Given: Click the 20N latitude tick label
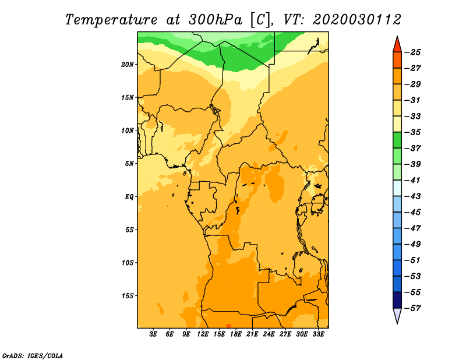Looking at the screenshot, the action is point(128,65).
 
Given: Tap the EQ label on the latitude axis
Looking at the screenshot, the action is point(129,197).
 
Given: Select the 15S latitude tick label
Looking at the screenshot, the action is point(128,296).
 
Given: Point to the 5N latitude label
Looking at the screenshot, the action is point(129,164).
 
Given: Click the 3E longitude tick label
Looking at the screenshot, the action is point(153,334).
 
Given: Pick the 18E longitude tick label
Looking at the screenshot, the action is point(236,334).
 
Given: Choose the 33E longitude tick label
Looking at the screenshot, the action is point(318,334).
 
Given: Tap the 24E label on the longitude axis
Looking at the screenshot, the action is point(269,334).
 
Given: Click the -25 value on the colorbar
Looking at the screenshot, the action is point(413,52).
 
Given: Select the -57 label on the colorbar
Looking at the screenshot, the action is point(413,308).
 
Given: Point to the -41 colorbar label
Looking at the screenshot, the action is point(413,180).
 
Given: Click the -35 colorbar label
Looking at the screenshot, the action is point(413,132).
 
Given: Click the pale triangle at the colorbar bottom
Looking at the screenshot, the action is point(397,315).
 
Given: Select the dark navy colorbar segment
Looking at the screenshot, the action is point(397,300).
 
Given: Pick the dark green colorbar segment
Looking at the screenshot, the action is point(397,140).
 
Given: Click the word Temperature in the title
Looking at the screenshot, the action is point(111,20).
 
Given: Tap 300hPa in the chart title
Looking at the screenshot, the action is point(215,20).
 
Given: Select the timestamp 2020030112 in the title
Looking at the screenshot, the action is point(357,20).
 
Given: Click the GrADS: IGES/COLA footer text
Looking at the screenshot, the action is point(33,355).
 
